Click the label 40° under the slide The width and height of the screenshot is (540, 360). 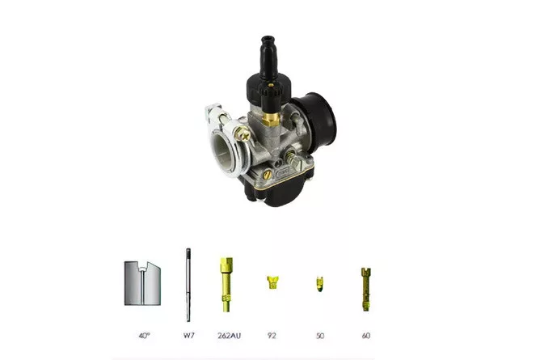coord(145,335)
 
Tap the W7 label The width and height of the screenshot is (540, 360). coord(188,335)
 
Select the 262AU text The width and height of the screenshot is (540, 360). coord(229,335)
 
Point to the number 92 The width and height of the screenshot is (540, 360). coord(272,335)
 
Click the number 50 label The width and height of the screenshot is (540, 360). coord(320,335)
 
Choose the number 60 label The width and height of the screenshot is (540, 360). coord(366,335)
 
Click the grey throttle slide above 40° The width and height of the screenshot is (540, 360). coord(142,283)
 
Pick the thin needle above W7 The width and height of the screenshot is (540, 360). coord(188,285)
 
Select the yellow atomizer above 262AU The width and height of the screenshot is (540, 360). coord(226,285)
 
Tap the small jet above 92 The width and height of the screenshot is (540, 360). coord(272,282)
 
